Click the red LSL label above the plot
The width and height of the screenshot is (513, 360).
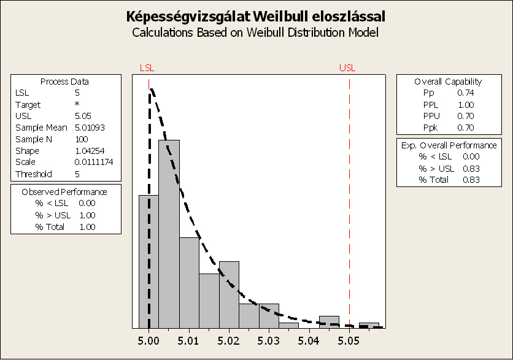148,67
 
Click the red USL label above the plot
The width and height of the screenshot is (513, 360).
347,67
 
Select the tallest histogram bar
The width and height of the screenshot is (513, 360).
169,233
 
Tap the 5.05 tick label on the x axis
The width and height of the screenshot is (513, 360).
349,339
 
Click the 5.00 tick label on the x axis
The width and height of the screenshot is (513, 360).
149,339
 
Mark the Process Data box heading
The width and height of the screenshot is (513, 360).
64,81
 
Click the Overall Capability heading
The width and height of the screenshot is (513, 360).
448,81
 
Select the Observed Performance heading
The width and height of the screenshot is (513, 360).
64,191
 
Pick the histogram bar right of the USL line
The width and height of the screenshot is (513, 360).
369,325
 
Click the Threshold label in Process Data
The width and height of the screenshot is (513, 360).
34,174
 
